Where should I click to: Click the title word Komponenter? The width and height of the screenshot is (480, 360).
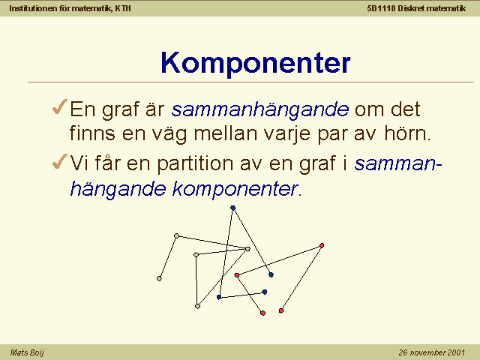coord(256,63)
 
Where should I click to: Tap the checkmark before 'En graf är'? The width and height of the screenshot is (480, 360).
coord(60,106)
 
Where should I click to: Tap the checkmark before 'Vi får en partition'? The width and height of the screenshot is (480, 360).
coord(60,161)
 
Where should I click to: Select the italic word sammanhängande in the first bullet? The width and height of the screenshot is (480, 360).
coord(260,109)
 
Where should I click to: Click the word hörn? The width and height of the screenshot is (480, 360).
coord(407,133)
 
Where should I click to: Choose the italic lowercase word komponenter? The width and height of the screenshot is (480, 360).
coord(235,189)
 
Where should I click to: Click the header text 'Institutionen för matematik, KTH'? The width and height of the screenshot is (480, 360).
coord(70,8)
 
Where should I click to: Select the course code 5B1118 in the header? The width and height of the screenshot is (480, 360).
coord(381,8)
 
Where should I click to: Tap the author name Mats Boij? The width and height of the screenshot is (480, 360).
coord(27,352)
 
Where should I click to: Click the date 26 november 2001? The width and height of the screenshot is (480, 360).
coord(432,352)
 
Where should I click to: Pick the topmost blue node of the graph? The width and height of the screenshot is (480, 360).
coord(233,208)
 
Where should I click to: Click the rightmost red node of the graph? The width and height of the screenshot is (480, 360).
coord(322,245)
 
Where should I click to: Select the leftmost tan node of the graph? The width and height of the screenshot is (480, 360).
coord(159,278)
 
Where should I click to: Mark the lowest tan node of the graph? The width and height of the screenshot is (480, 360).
coord(197,306)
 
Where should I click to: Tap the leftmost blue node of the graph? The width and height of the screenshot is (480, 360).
coord(219,297)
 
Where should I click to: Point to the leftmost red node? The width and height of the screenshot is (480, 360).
coord(237,275)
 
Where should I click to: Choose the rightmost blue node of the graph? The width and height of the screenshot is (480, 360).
coord(271,275)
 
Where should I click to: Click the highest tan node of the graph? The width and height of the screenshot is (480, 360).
coord(176,235)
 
